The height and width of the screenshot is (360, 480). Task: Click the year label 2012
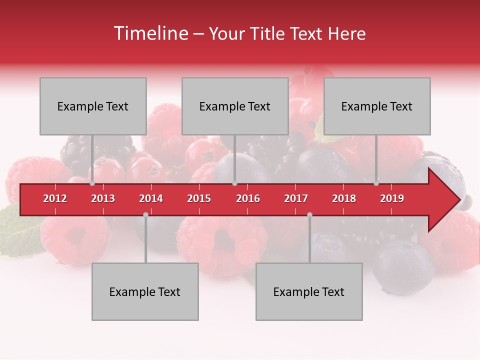point(55,199)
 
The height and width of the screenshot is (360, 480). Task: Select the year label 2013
point(103,199)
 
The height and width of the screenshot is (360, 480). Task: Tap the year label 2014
point(151,199)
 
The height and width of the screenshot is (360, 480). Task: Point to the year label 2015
point(199,199)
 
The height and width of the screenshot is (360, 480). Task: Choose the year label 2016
point(248,199)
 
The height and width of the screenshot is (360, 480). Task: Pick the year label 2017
point(296,199)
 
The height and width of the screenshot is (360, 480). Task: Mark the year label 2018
point(344,199)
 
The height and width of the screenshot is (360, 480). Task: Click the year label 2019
point(392,199)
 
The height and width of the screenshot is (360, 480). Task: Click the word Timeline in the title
point(150,33)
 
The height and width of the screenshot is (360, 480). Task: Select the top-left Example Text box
point(93,106)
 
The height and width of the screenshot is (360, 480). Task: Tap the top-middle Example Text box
point(235,106)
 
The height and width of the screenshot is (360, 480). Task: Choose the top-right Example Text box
point(377,106)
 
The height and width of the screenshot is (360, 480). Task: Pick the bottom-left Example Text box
point(145,291)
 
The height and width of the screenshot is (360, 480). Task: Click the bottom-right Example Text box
point(309,291)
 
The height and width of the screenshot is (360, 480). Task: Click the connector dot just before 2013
point(92,183)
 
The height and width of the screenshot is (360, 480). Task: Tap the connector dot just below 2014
point(145,214)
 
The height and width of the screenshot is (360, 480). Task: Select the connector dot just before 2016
point(234,183)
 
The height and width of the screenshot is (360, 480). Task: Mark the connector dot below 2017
point(309,214)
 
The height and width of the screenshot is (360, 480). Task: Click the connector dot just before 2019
point(376,183)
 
